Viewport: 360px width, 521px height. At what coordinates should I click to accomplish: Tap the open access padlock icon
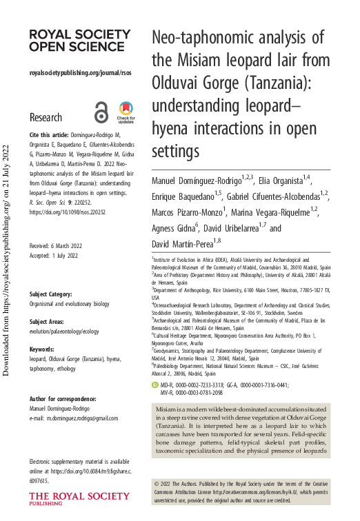101,112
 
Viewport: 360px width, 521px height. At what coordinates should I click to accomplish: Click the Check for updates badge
126,112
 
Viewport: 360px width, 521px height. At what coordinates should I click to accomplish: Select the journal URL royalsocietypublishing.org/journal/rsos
81,72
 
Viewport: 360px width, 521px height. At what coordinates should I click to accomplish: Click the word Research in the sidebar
46,117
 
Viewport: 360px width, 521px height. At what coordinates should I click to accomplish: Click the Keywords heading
43,349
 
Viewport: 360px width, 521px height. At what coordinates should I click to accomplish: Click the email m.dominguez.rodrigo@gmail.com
74,418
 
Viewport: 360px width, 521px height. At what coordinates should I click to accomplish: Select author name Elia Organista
276,181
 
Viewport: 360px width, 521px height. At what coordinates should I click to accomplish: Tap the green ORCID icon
155,384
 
